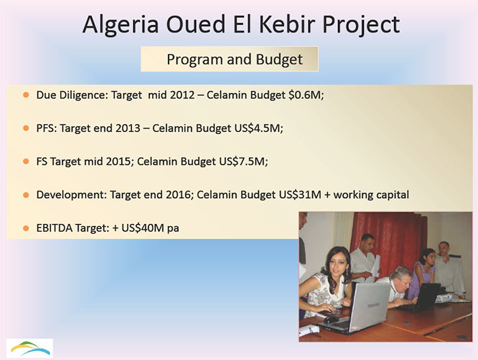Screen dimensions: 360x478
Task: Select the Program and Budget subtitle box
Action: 231,59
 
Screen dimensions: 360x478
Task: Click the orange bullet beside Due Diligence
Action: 26,95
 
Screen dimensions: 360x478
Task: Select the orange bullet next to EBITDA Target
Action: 26,227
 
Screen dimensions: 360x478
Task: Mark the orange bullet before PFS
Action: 26,128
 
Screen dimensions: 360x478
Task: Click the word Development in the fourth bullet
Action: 68,195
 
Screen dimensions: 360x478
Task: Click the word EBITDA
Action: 56,227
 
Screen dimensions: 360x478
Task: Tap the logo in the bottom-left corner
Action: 29,346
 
